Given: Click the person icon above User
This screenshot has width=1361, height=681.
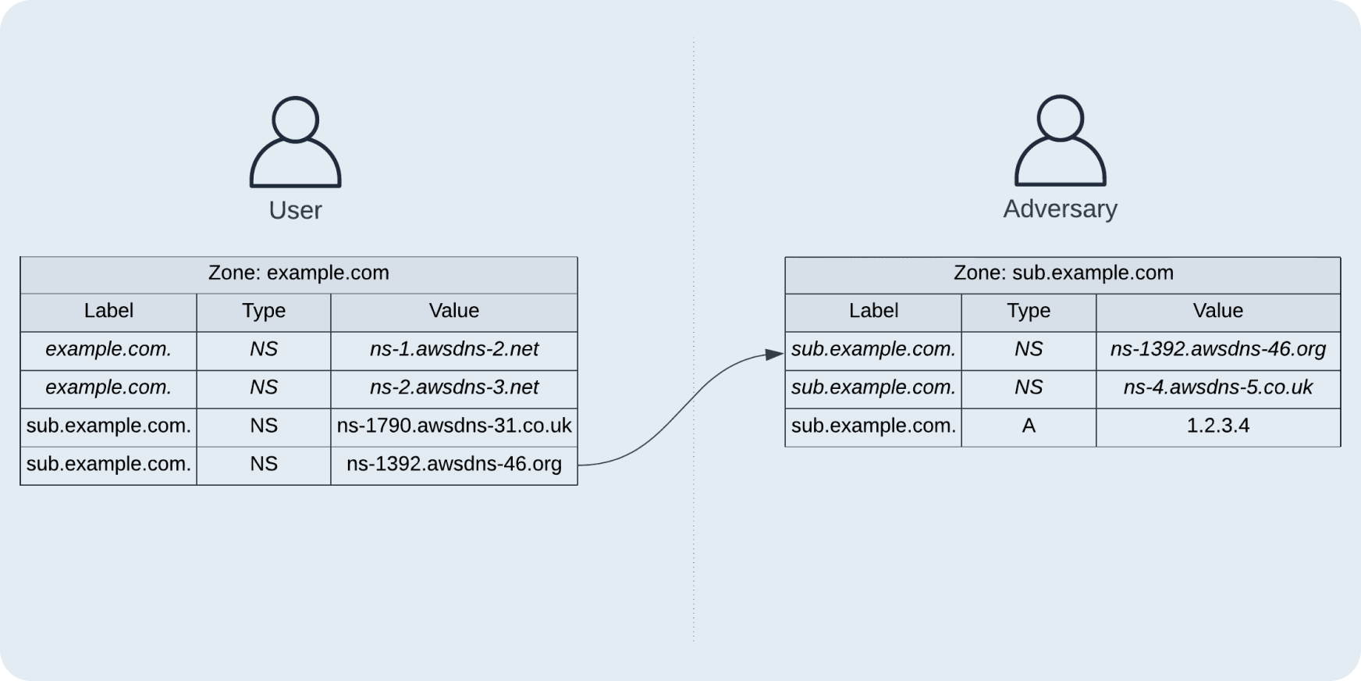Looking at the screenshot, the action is (x=295, y=142).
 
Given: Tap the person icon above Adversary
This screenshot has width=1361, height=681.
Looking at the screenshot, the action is (x=1060, y=141).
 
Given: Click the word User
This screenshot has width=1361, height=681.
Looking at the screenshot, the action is (x=295, y=210).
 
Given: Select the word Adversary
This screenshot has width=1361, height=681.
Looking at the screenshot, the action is (x=1060, y=209).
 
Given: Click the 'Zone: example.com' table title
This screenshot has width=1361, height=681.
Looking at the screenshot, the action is (x=299, y=273).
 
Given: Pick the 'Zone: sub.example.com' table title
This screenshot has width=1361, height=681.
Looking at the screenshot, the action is (x=1063, y=273).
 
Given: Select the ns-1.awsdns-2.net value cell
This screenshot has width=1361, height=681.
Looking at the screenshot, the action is (x=454, y=350).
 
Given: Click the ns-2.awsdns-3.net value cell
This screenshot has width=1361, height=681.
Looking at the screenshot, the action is (x=454, y=388).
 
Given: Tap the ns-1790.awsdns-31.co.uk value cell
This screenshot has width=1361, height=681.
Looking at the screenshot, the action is (x=454, y=426).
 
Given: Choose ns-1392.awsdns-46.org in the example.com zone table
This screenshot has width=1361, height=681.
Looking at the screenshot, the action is (x=454, y=465).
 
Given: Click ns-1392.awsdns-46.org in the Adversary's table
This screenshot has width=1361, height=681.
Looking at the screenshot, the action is (x=1218, y=350).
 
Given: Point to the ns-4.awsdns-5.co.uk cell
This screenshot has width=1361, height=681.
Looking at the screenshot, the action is (x=1218, y=388).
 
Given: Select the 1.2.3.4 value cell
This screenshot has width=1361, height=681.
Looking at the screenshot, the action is (x=1218, y=426).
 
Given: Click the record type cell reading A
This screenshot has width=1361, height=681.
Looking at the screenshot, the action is (x=1029, y=426).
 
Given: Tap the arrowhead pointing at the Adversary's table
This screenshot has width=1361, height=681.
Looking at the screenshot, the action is (x=775, y=355).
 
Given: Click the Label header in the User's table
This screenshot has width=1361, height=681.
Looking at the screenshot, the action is (x=108, y=312).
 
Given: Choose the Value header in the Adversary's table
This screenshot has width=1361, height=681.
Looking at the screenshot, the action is (x=1218, y=312).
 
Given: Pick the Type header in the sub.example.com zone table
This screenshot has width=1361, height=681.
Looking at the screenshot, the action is (x=1029, y=312).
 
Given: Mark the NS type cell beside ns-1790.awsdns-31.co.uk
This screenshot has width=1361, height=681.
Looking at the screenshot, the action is (x=264, y=426).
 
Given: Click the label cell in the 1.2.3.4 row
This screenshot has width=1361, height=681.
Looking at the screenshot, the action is (x=873, y=426).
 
